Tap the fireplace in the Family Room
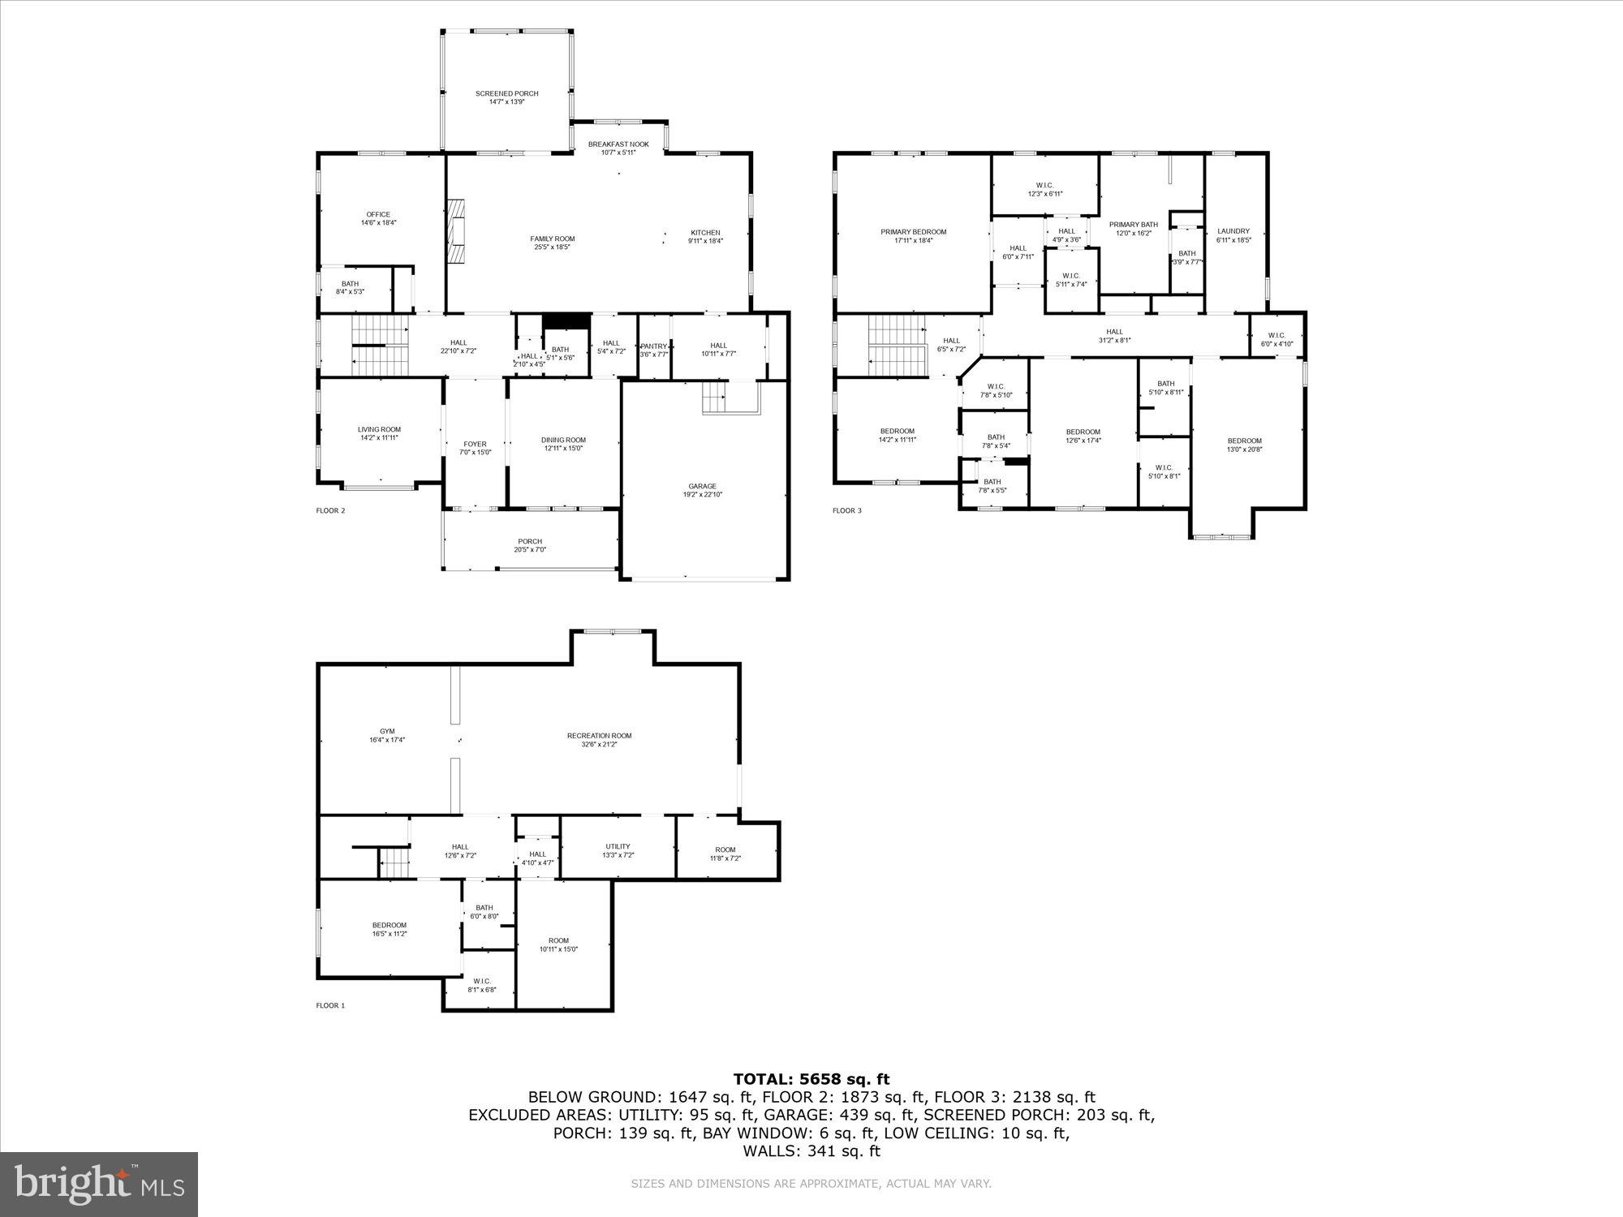pos(456,231)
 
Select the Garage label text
pos(702,487)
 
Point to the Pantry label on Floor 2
pos(653,346)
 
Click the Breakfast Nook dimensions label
pos(618,153)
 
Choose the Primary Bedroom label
pos(913,232)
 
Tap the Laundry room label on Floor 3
pos(1233,231)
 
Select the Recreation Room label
pos(599,736)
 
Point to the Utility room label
pos(618,846)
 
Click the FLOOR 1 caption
pos(330,1005)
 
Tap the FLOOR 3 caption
pos(846,510)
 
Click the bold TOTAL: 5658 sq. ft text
pos(811,1079)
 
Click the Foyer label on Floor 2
pos(475,444)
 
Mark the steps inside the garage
pos(714,398)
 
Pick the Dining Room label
pos(563,440)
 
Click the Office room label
pos(378,215)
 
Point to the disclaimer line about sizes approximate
pos(811,1184)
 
